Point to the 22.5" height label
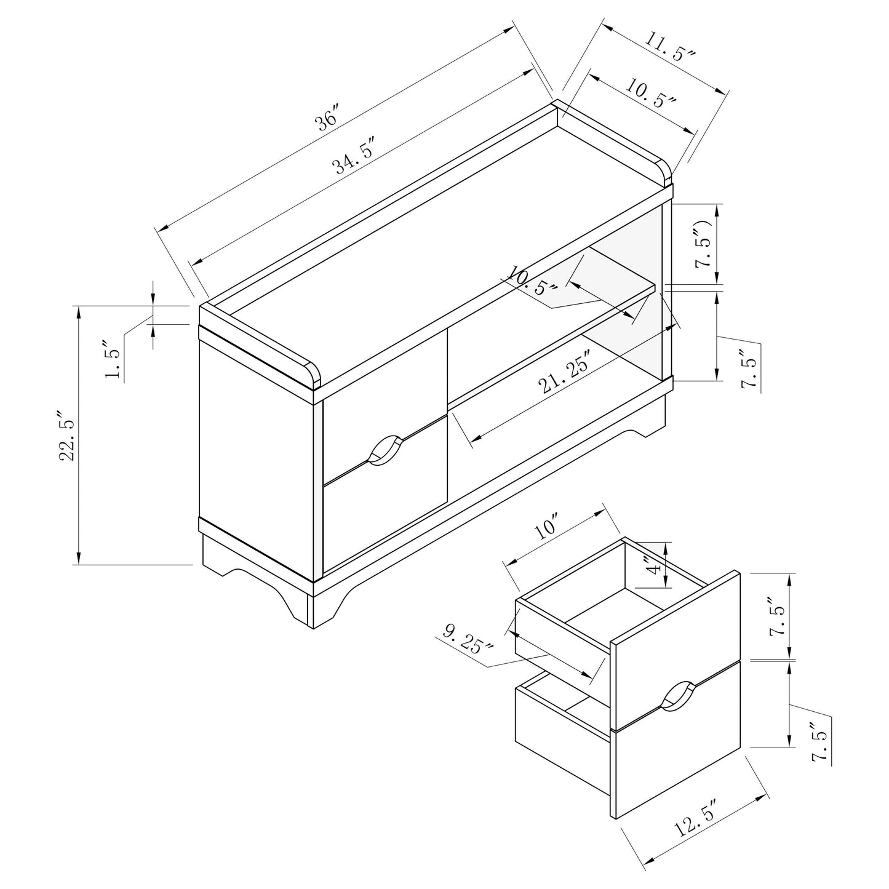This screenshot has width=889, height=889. click(67, 434)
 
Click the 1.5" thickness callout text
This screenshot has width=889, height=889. click(113, 359)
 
